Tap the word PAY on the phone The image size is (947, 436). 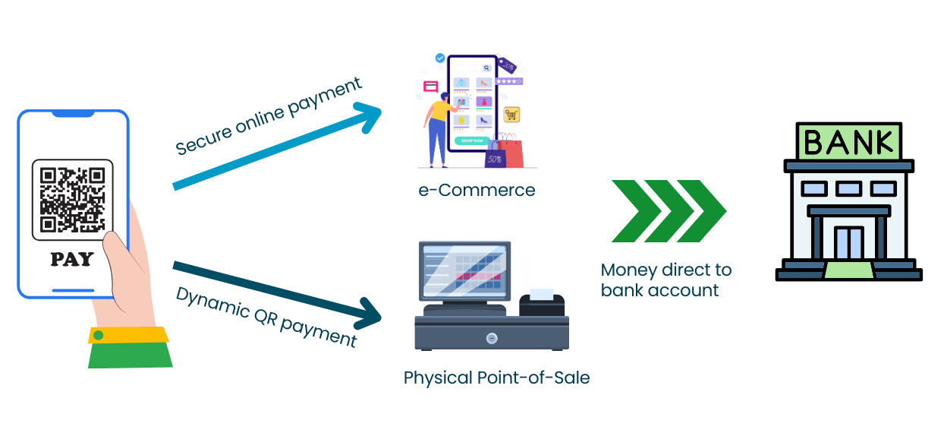[x=72, y=259]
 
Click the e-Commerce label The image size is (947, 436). [x=477, y=190]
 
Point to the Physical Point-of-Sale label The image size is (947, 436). [x=496, y=378]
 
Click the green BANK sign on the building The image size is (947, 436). [x=848, y=142]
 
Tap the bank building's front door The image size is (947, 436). [x=848, y=243]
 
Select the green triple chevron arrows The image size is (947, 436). [x=669, y=211]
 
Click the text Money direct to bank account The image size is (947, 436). [x=665, y=280]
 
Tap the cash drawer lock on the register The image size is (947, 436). [x=492, y=338]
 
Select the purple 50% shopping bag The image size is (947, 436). [x=495, y=157]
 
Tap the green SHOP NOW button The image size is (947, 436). [x=472, y=141]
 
